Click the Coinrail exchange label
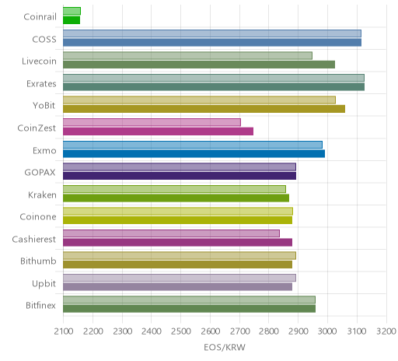(x=40, y=17)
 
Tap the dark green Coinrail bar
(x=72, y=20)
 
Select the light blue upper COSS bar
(x=212, y=33)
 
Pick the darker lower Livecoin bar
(x=199, y=65)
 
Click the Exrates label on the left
(x=41, y=84)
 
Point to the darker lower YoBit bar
(x=204, y=109)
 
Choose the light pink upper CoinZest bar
(x=152, y=122)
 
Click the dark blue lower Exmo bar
(x=194, y=153)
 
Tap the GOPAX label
(x=40, y=173)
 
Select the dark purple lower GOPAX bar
(x=180, y=176)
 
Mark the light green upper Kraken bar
(x=174, y=189)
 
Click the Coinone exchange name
(x=38, y=217)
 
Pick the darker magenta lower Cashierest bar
(x=177, y=243)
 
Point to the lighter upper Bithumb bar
(x=180, y=256)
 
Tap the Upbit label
(x=44, y=284)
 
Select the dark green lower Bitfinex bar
(x=189, y=309)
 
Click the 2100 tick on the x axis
(x=64, y=331)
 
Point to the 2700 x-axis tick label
(x=239, y=331)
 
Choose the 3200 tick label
(x=386, y=331)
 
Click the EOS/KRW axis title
(x=225, y=348)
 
